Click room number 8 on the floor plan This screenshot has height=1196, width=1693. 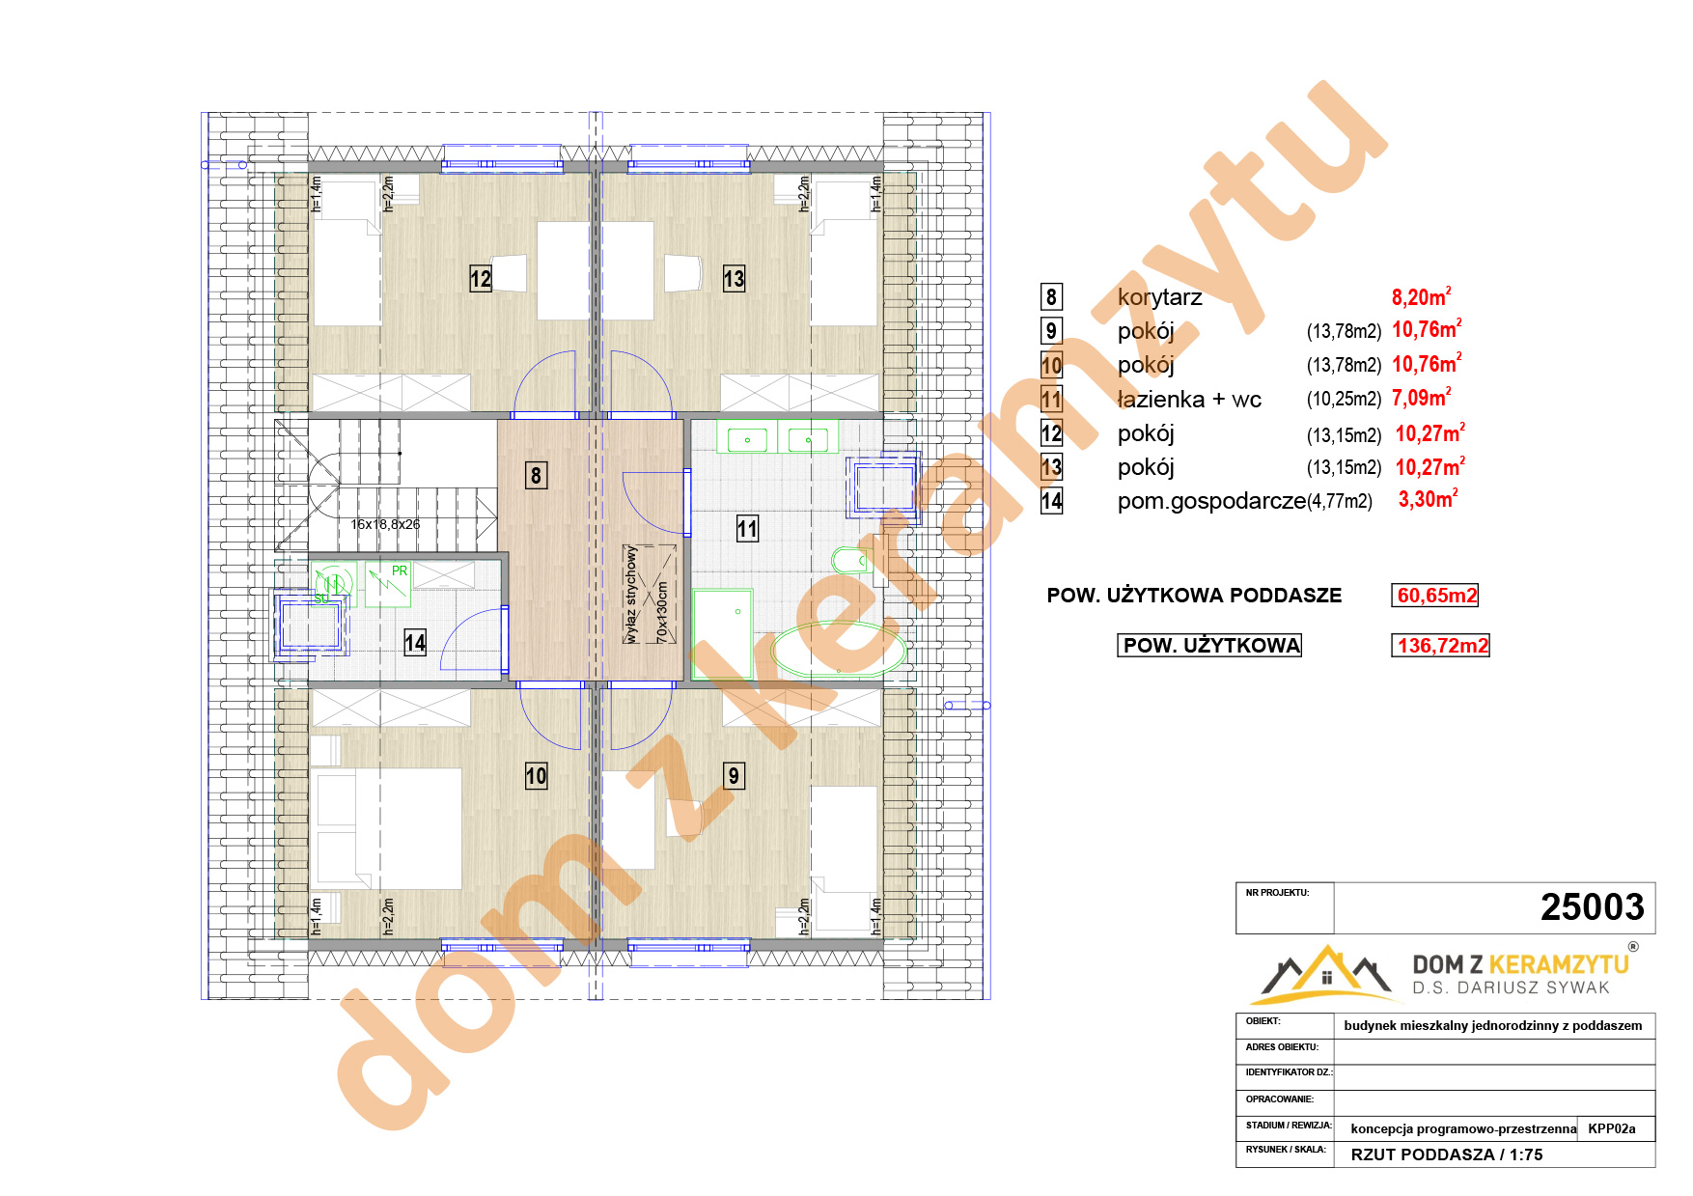coord(536,475)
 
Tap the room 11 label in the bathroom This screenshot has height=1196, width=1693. coord(747,528)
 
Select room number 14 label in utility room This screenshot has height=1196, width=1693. coord(415,642)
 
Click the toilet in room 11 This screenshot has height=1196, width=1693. coord(851,560)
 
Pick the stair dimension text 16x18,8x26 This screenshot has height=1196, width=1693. coord(385,524)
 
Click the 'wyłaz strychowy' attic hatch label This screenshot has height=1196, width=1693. coord(631,594)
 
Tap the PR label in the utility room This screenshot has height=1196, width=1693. coord(400,570)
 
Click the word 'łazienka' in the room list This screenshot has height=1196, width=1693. coord(1161,399)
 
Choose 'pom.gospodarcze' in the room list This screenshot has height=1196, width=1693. coord(1211,501)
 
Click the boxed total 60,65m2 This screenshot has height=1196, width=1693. coord(1436,596)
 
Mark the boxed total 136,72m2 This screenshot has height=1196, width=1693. coord(1442,645)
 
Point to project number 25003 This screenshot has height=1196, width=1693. coord(1592,907)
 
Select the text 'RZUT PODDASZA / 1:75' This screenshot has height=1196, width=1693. coord(1446,1154)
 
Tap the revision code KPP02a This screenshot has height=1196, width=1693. coord(1612,1128)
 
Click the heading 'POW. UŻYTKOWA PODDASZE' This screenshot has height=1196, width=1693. coord(1194,596)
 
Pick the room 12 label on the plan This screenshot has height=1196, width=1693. coord(481,279)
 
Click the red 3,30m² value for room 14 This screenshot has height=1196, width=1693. coord(1428,499)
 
